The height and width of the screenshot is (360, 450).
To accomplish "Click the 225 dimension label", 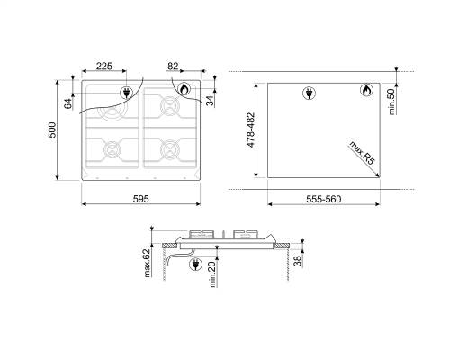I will coord(105,67).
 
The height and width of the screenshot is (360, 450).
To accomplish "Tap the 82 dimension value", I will coord(175,67).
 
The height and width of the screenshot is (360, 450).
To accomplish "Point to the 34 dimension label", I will coord(210,100).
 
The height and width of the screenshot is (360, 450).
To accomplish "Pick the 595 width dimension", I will coord(142,199).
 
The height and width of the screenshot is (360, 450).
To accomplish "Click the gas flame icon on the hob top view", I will coord(184,90).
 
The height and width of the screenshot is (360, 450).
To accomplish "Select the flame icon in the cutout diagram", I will coord(367,91).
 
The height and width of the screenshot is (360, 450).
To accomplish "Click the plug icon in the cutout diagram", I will coord(310,92).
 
